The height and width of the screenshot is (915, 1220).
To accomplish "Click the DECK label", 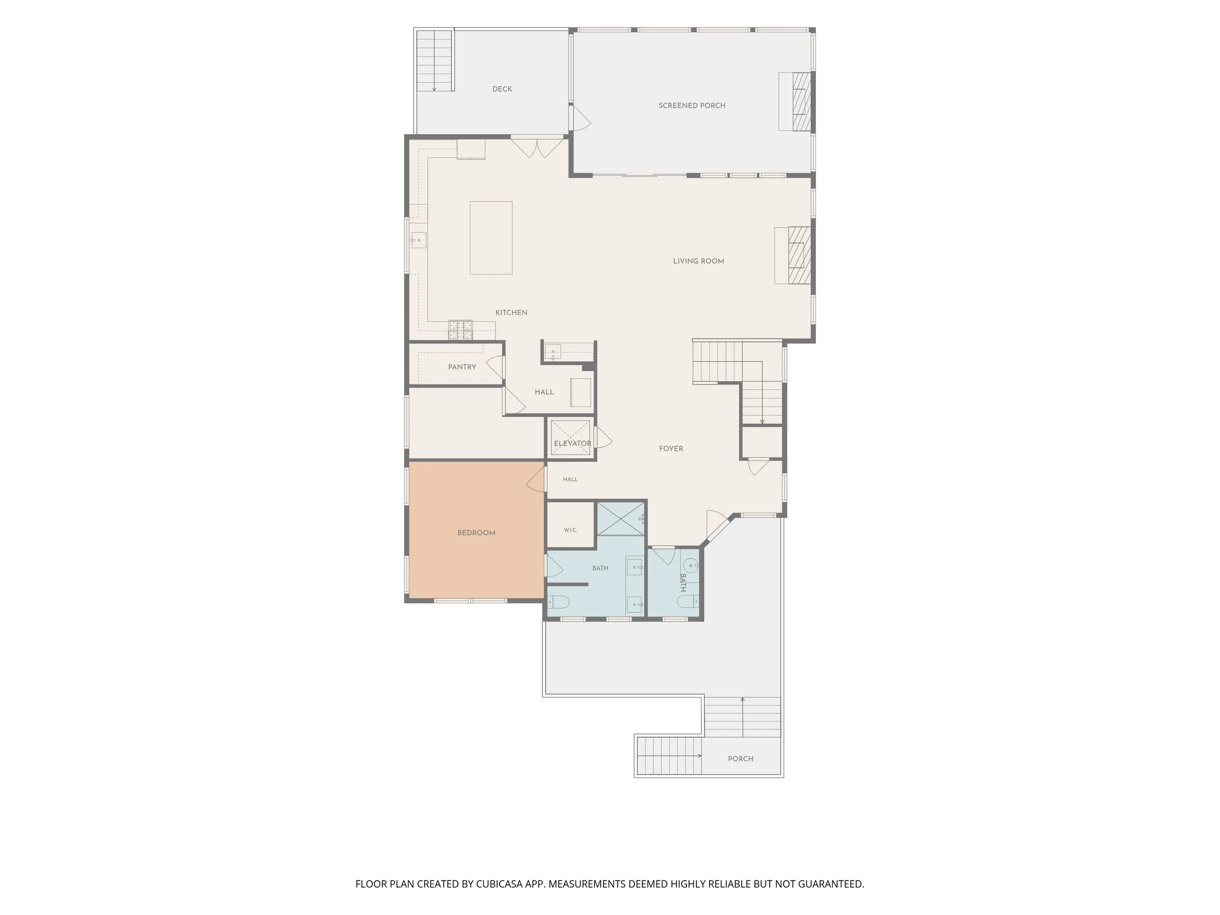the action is tap(502, 89).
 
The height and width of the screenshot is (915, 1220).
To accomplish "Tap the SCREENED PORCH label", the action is tap(691, 105).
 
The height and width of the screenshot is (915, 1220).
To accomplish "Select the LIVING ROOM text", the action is tap(698, 261).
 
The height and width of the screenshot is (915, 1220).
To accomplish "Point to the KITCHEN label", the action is tap(511, 312).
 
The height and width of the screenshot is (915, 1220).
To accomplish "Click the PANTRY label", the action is tap(462, 367).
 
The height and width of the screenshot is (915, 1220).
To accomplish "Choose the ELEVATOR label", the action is tap(572, 443).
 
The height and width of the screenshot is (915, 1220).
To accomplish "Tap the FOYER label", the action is tap(670, 448).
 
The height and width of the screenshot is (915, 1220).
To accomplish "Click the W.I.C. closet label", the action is tap(570, 530).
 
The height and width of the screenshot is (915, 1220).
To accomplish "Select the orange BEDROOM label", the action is tap(476, 533).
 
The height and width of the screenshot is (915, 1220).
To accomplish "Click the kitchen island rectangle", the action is tap(491, 237).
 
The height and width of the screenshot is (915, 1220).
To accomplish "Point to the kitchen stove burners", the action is tap(460, 329).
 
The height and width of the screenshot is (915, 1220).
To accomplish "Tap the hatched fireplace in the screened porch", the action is tap(802, 101).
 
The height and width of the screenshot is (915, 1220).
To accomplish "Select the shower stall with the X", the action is tap(621, 518).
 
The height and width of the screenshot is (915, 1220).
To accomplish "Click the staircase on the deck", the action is tap(435, 60).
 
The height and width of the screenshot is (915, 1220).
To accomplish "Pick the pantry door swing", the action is tap(494, 368).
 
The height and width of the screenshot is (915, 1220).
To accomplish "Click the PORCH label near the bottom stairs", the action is tap(740, 758).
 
